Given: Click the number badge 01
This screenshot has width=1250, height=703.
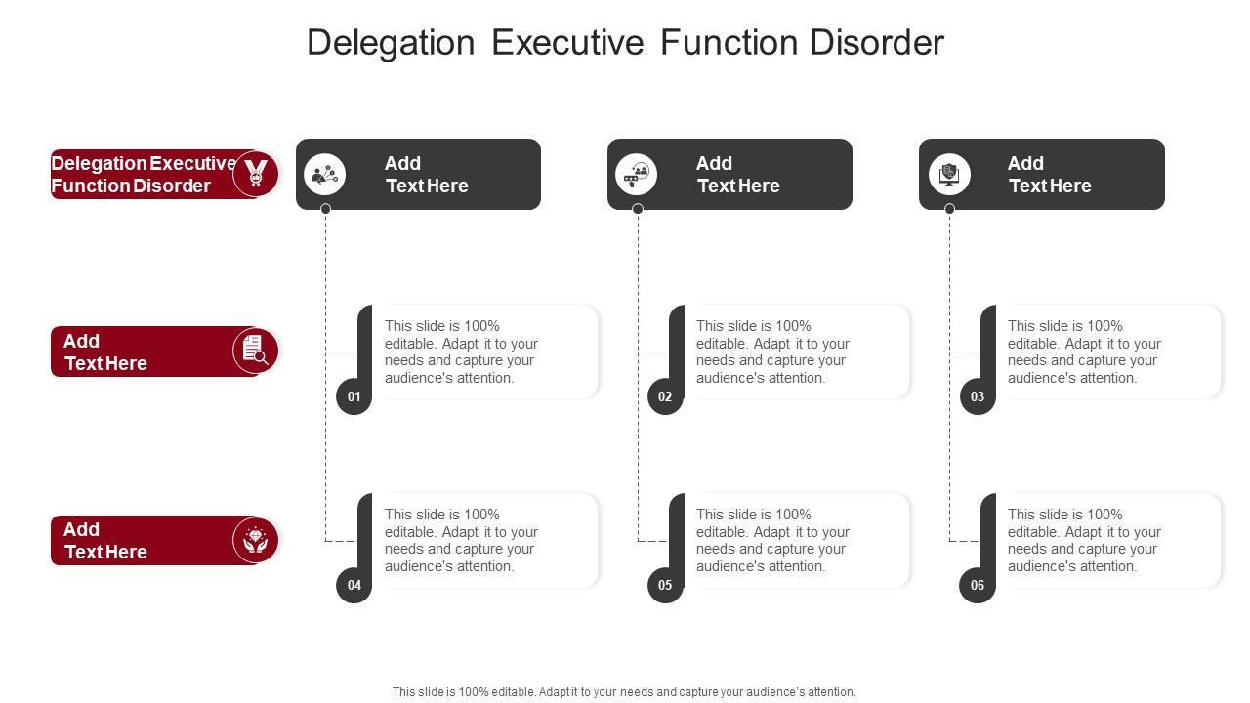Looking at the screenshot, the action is point(354,396).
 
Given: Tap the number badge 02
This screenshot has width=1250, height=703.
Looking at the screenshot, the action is point(665,396).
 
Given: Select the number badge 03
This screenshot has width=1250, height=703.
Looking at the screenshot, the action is point(978,396).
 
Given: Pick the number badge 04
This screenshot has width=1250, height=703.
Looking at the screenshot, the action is point(354,585).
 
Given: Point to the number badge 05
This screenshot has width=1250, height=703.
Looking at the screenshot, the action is point(665,585).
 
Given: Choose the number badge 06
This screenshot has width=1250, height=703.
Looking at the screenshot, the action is point(978,585).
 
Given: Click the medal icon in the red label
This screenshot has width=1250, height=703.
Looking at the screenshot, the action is point(256,174).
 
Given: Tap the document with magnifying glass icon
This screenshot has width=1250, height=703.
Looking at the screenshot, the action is point(256,351).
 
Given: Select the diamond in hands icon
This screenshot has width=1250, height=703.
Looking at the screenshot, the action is point(256,540).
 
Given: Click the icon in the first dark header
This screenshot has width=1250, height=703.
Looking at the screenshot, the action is point(325,175).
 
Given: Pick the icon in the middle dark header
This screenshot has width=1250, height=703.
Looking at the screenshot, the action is point(637,175).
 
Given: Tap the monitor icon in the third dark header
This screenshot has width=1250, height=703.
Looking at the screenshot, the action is point(949,175).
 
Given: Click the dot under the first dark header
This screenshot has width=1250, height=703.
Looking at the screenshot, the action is point(325,209).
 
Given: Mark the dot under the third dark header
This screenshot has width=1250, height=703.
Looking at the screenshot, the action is point(949,209).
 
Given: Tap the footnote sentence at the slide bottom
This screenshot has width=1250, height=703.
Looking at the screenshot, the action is point(624,691).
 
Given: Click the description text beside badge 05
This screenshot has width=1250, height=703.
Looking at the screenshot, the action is point(772,540).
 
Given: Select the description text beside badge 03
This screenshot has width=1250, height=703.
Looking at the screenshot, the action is point(1084,351).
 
